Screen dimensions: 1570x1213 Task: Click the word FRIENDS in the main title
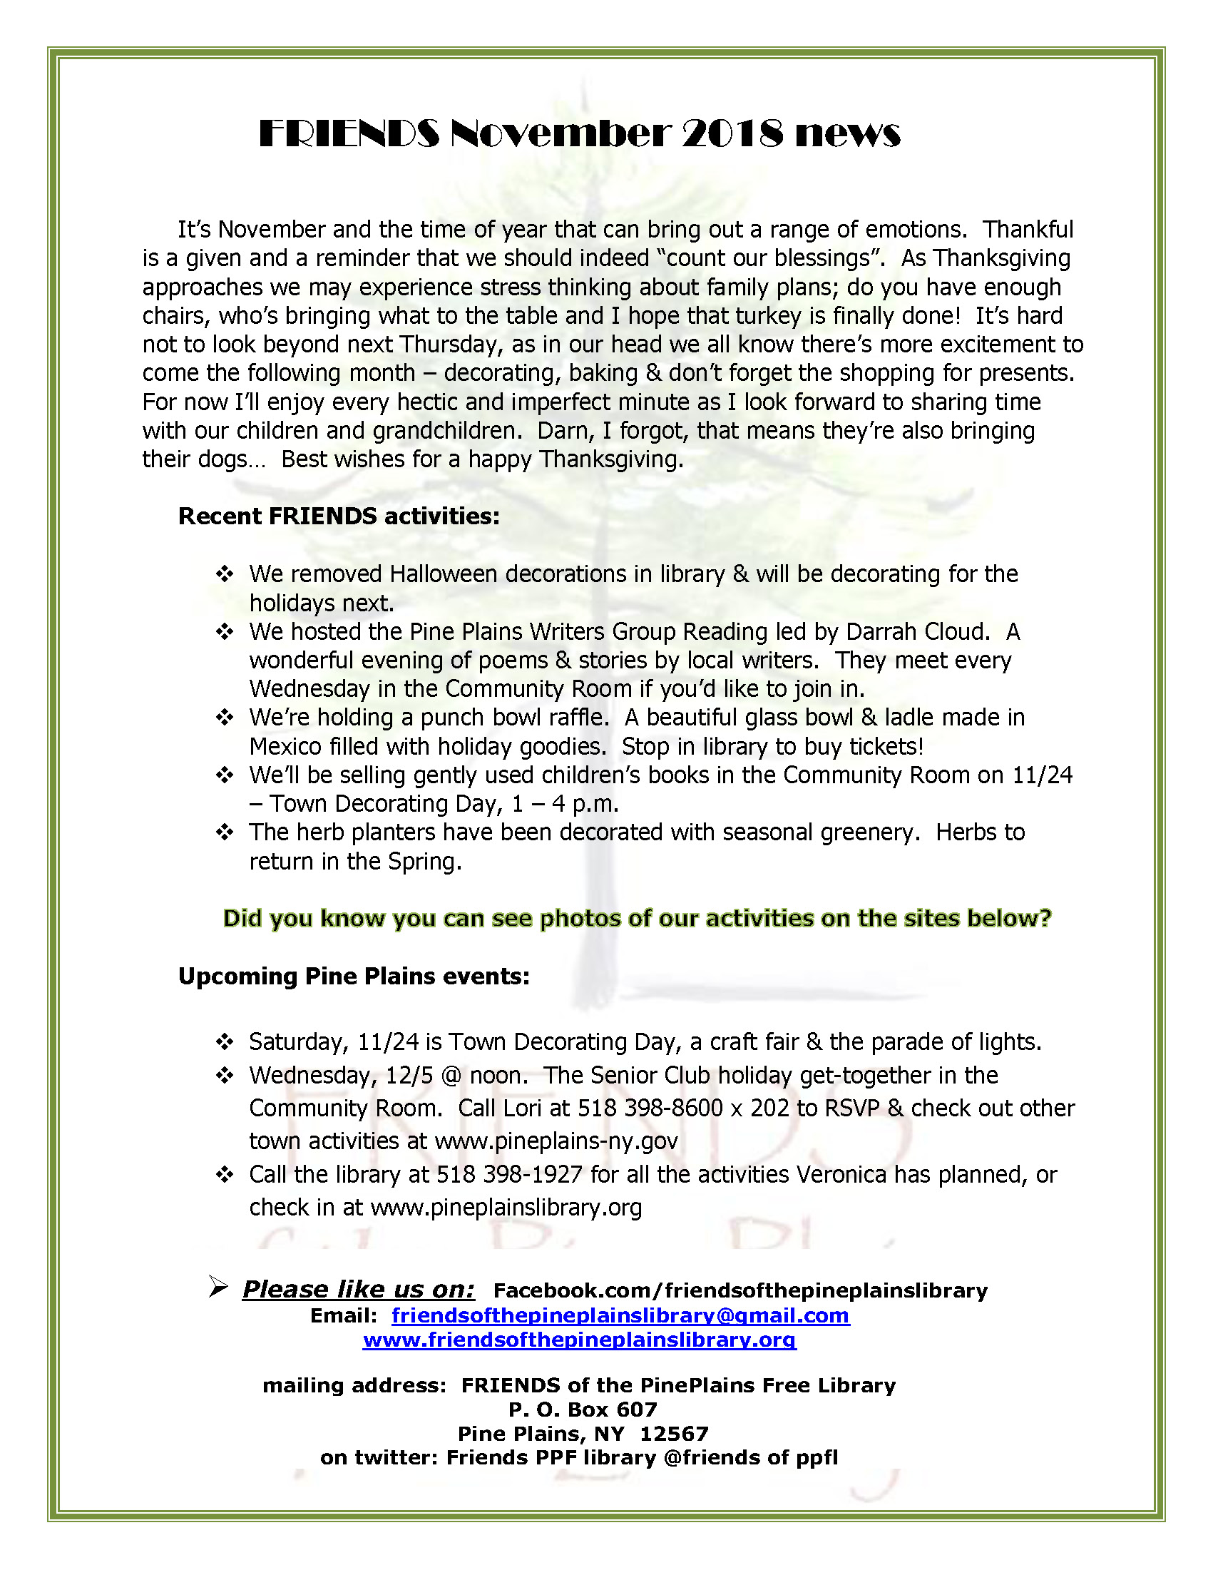coord(349,133)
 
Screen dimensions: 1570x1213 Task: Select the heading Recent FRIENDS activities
coord(339,516)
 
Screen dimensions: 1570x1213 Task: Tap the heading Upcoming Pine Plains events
coord(354,977)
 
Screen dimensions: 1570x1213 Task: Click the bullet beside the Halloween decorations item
coord(225,574)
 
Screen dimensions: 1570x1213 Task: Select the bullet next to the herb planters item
coord(225,832)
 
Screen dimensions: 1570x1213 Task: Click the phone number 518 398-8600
coord(650,1108)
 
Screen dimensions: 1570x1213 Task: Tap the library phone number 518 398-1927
coord(509,1174)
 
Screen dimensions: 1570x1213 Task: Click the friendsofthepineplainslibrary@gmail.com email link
coord(620,1315)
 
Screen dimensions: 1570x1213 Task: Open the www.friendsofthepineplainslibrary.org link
coord(579,1340)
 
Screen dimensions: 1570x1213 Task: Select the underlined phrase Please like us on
coord(358,1289)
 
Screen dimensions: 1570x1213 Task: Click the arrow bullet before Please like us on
coord(217,1287)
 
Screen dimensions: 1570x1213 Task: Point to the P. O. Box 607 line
coord(583,1410)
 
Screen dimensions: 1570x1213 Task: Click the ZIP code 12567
coord(673,1434)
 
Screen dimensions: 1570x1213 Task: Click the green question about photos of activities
coord(637,918)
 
